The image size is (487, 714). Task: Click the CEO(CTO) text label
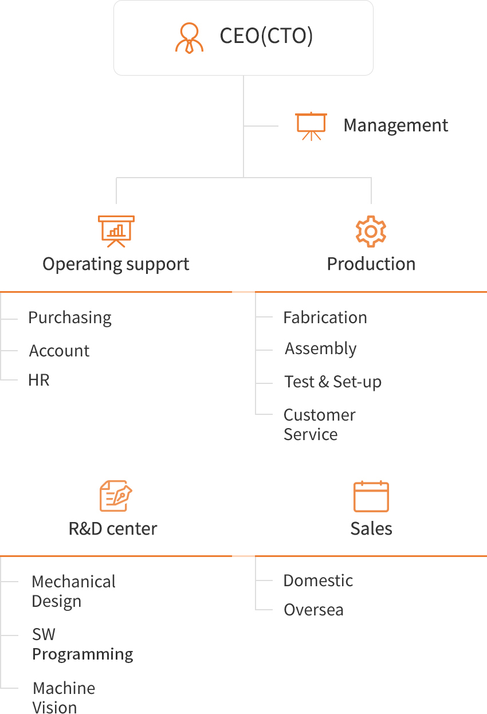tap(266, 36)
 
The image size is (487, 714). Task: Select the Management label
tap(395, 125)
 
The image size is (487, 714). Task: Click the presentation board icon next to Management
tap(311, 126)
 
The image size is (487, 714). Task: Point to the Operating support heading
tap(116, 265)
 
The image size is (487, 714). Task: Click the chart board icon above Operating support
tap(116, 232)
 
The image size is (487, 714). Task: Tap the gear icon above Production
tap(371, 232)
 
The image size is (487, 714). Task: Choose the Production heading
tap(371, 264)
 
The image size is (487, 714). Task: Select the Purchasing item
tap(70, 318)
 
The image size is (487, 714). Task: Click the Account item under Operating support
tap(59, 351)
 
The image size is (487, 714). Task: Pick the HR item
tap(39, 380)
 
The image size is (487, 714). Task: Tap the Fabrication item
tap(325, 317)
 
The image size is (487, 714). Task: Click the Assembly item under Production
tap(321, 349)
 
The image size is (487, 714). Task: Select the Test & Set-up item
tap(333, 382)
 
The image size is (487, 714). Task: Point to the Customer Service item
tap(319, 425)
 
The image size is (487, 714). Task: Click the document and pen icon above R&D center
tap(116, 496)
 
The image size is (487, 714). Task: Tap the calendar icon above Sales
tap(371, 496)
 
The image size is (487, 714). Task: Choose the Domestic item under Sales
tap(318, 580)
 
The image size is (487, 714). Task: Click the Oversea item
tap(313, 610)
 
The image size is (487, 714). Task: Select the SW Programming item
tap(83, 645)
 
